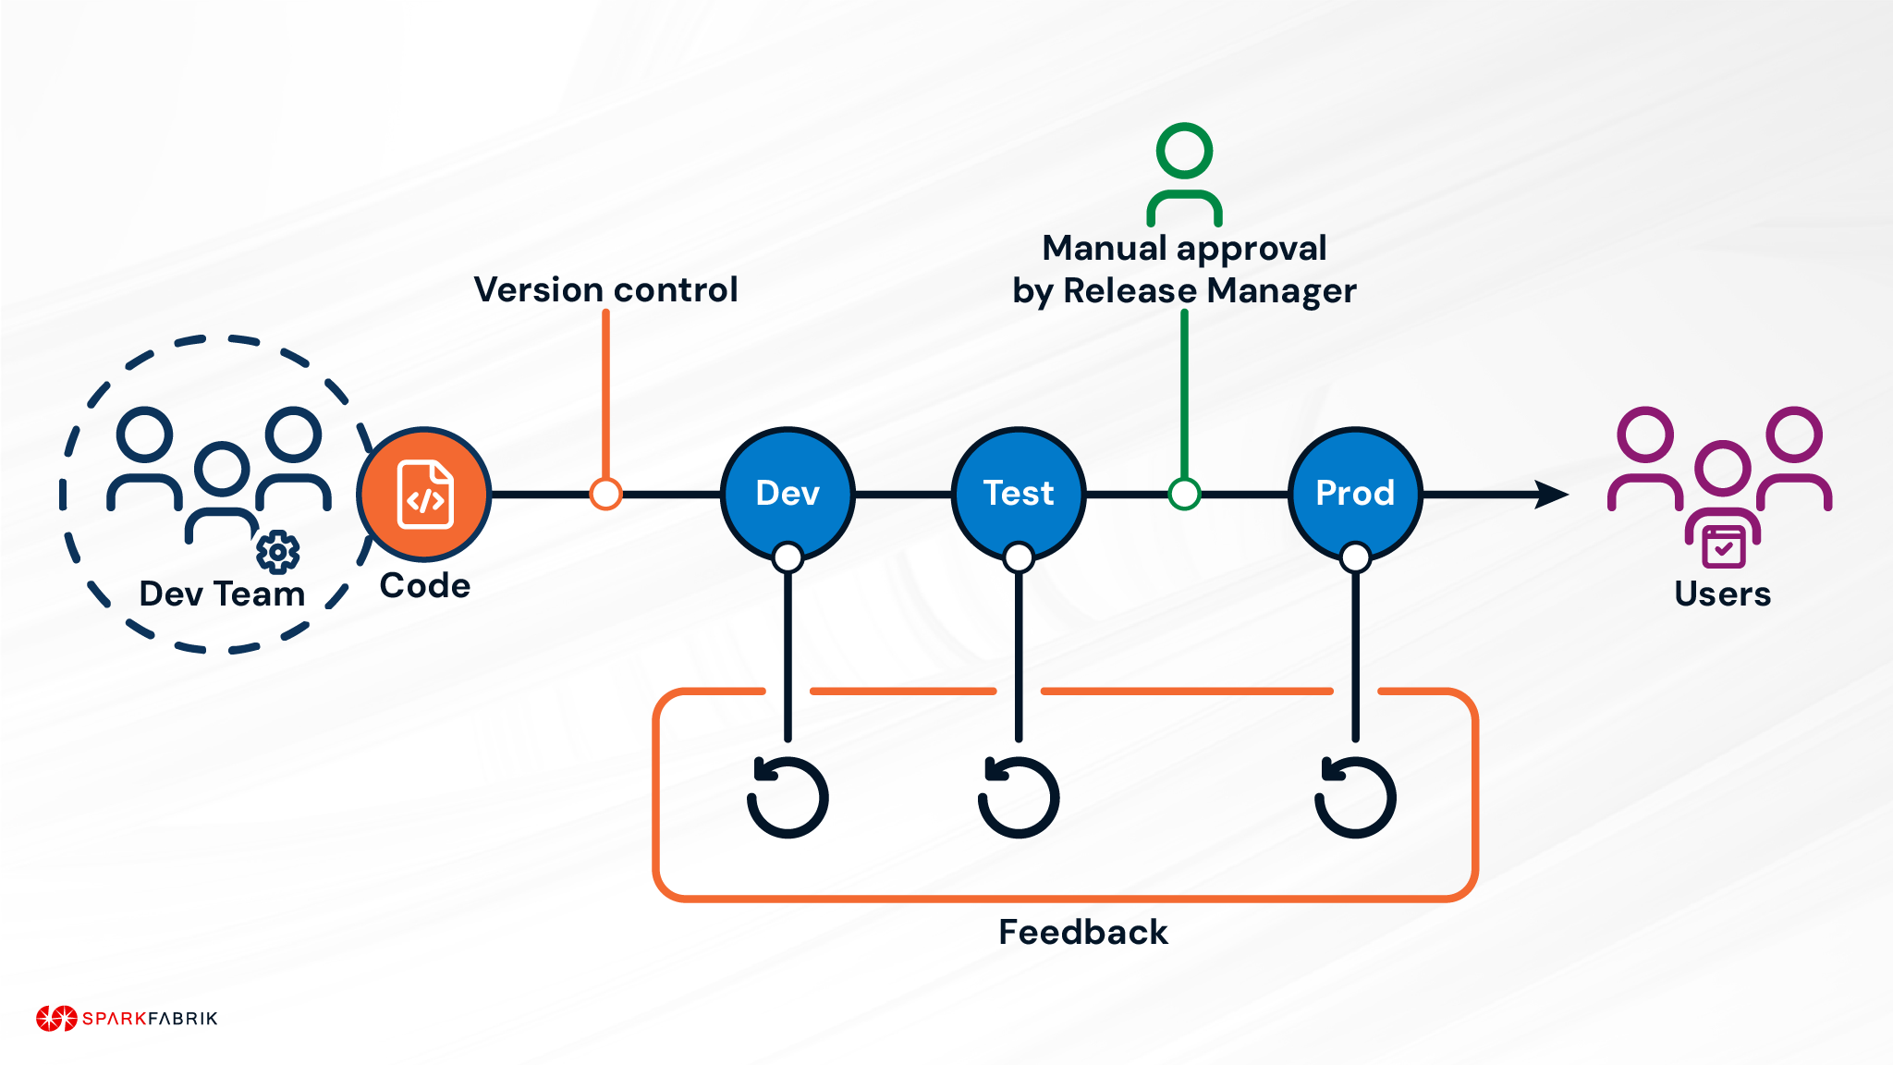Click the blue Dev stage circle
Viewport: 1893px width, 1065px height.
[788, 493]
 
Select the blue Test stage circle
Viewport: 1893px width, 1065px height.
[1018, 493]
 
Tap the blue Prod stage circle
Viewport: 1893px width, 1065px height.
[1354, 493]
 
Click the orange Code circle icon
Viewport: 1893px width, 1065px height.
[424, 495]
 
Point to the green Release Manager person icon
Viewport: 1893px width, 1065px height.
[1184, 174]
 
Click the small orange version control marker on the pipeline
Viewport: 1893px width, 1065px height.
[605, 494]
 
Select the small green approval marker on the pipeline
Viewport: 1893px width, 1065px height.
[1184, 494]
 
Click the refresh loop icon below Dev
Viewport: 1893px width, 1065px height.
[788, 797]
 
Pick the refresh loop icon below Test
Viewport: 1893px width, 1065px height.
[1018, 797]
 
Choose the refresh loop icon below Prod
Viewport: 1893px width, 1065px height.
[1355, 797]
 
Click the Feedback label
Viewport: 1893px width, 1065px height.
[1082, 932]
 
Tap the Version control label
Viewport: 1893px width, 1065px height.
[605, 289]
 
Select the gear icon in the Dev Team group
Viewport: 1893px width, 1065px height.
[277, 552]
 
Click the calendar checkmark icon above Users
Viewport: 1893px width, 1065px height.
[1723, 546]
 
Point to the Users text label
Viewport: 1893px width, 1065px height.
[1722, 594]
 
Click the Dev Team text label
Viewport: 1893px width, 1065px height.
[222, 594]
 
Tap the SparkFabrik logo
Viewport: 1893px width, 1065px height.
[127, 1018]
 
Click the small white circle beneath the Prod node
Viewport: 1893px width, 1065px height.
[1355, 557]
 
